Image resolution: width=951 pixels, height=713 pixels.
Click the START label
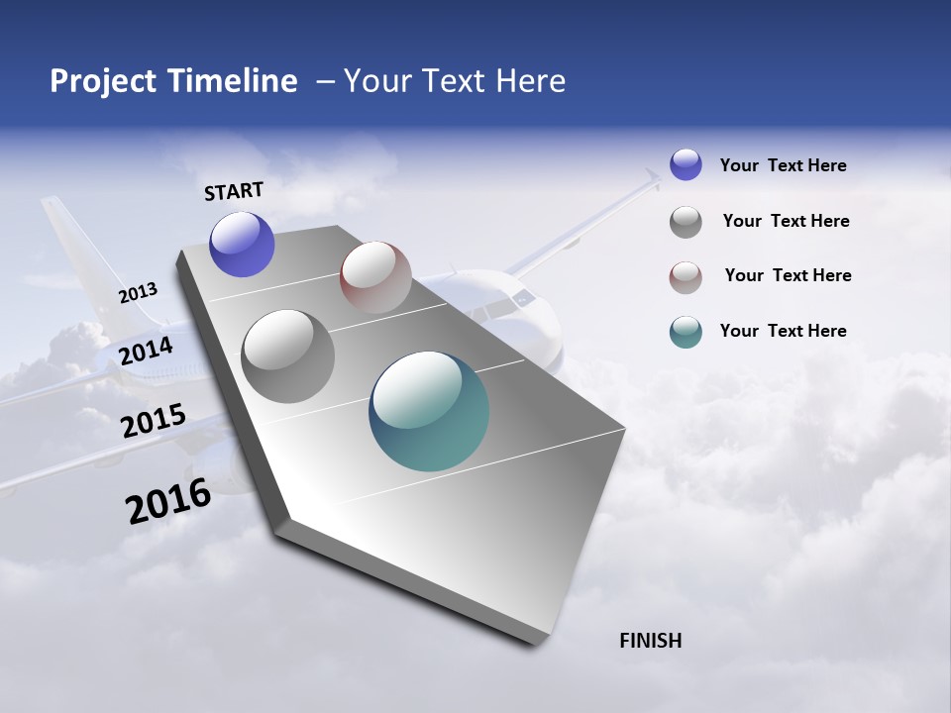point(234,191)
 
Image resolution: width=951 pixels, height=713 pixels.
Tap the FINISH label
point(651,641)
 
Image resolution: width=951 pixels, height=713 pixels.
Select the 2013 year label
point(138,293)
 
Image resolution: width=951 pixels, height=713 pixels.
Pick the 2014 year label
point(146,351)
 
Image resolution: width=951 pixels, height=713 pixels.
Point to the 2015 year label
point(154,421)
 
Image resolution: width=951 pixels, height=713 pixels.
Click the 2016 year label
point(168,501)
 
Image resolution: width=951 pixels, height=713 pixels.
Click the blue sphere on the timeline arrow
point(242,245)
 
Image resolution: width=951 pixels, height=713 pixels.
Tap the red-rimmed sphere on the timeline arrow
point(375,277)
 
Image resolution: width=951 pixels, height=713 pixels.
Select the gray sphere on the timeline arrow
point(288,356)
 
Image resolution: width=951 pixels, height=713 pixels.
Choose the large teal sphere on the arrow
point(429,411)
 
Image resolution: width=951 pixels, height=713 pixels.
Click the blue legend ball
point(686,164)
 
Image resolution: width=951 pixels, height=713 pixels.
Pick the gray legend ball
point(686,222)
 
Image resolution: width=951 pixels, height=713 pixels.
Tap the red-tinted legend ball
point(686,277)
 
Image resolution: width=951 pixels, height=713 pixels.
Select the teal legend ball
point(686,332)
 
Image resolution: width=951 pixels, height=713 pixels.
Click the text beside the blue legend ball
point(783,165)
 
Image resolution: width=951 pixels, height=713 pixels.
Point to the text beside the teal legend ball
point(783,331)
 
